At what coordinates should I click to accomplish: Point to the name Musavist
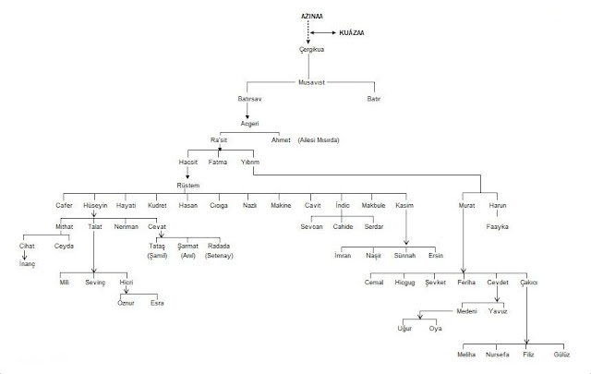(312, 82)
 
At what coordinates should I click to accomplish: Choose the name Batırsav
(251, 98)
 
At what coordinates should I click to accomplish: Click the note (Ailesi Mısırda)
(319, 139)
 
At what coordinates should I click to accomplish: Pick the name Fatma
(219, 162)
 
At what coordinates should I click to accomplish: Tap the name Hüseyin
(96, 205)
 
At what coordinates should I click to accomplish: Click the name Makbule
(372, 205)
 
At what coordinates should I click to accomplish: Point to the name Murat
(467, 205)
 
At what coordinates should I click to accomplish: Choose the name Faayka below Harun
(499, 226)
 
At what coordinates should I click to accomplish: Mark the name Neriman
(126, 226)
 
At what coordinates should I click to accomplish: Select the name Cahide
(343, 226)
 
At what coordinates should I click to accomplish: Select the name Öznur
(126, 303)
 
